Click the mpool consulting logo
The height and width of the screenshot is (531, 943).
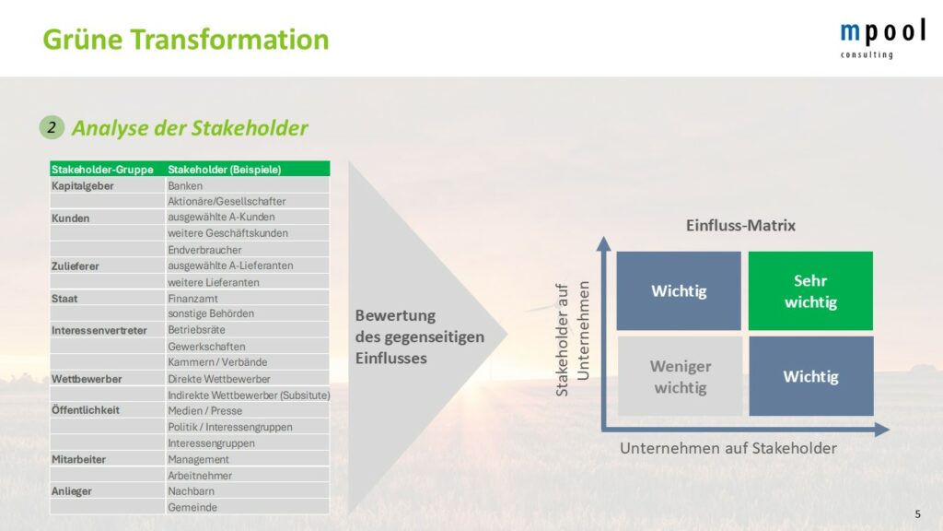(x=882, y=38)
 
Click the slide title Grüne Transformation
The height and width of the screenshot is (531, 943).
(x=186, y=40)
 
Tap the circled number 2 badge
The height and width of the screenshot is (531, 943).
(x=52, y=127)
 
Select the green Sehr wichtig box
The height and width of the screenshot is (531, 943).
(x=810, y=290)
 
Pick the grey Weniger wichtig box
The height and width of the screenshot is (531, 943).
(x=680, y=376)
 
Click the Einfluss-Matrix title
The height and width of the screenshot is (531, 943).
(x=740, y=226)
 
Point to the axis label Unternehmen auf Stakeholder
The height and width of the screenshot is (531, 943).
(x=728, y=449)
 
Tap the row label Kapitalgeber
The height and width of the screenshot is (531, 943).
(x=82, y=186)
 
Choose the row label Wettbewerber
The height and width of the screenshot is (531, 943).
(x=87, y=379)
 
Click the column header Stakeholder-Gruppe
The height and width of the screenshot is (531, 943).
(x=102, y=170)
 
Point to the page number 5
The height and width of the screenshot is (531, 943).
(x=918, y=514)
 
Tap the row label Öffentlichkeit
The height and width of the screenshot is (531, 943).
(x=86, y=410)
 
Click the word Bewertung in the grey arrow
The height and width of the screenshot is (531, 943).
(x=395, y=315)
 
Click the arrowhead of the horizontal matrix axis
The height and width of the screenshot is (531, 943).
(x=882, y=430)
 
